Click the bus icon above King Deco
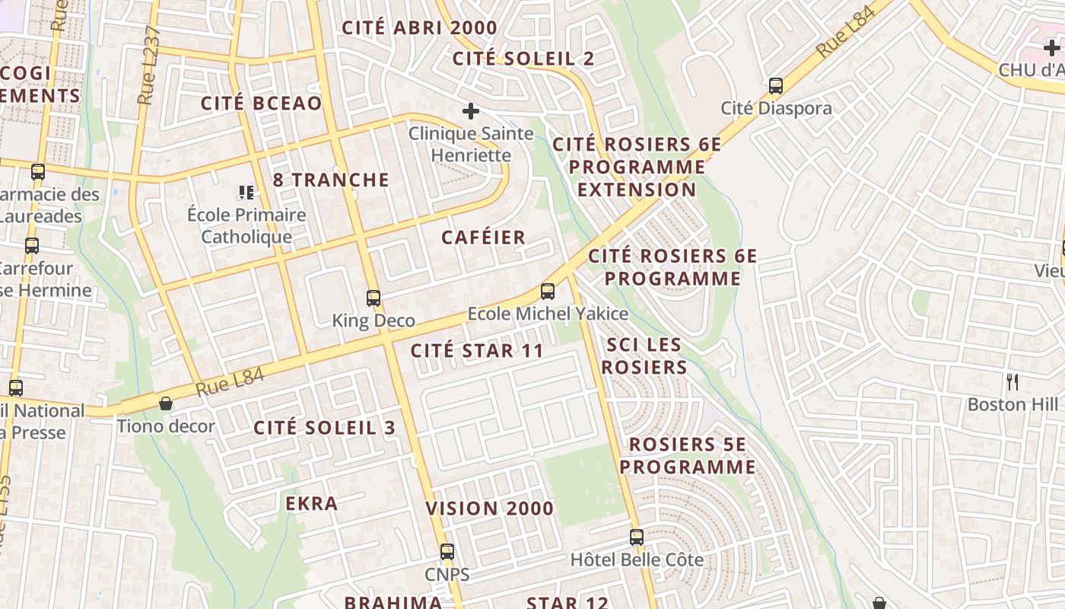tap(373, 298)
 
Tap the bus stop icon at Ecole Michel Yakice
tap(547, 291)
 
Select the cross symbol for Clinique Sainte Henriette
tap(471, 111)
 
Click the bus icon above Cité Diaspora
tap(776, 85)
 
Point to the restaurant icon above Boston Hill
tap(1012, 381)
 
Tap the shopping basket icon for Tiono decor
tap(165, 403)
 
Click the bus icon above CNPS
tap(447, 551)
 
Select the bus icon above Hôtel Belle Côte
tap(637, 537)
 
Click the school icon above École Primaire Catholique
tap(246, 192)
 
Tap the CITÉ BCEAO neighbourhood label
tap(261, 104)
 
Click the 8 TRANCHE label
tap(331, 180)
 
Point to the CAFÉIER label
tap(483, 238)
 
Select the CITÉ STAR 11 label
tap(477, 351)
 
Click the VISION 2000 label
tap(489, 509)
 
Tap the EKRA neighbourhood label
tap(311, 503)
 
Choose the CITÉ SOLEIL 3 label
tap(325, 428)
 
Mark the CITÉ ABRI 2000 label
tap(419, 28)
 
